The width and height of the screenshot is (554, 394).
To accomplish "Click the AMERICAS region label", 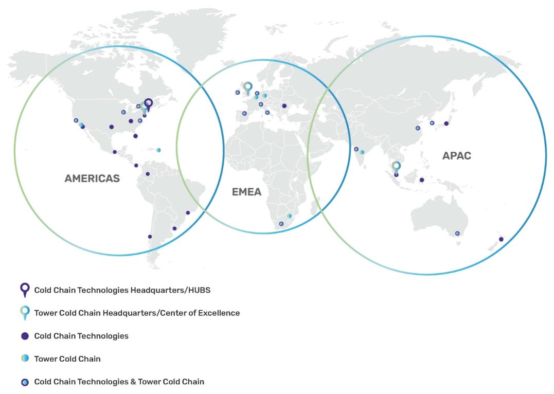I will (92, 179).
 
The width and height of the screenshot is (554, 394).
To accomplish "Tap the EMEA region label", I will (246, 192).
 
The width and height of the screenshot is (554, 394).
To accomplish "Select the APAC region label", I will (456, 155).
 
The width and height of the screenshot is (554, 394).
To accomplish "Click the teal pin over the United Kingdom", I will (248, 87).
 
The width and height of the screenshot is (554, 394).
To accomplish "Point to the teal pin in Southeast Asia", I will (396, 166).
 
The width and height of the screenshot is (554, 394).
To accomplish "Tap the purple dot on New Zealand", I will (501, 239).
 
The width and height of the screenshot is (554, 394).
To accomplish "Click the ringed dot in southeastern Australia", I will (457, 234).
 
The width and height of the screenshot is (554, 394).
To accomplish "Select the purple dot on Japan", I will (446, 123).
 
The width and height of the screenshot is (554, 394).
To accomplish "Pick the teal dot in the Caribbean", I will (158, 150).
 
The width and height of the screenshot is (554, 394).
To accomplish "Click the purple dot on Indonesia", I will (422, 180).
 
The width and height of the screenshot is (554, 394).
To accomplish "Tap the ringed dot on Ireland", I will (238, 93).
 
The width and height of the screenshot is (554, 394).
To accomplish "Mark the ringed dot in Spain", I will (244, 114).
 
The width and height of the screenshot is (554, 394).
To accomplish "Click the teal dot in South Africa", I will (290, 216).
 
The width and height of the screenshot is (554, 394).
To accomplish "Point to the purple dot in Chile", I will (150, 237).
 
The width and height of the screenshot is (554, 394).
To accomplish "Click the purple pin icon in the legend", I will (25, 289).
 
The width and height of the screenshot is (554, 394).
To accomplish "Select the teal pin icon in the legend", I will (25, 312).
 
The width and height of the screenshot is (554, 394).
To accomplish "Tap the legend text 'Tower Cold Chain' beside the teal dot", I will (67, 359).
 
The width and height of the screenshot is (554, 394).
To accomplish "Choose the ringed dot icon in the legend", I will (25, 382).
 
